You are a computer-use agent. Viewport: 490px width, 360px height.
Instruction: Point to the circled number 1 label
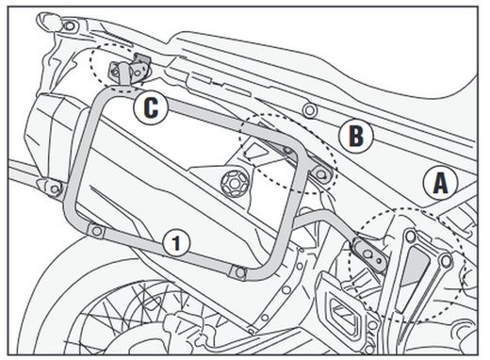pyautogui.click(x=175, y=241)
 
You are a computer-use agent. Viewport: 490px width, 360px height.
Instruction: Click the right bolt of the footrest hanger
pyautogui.click(x=446, y=256)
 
